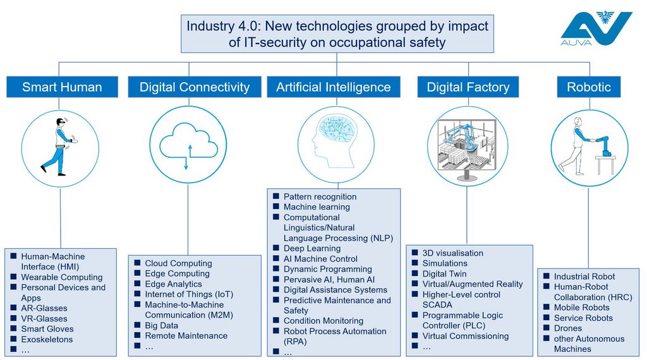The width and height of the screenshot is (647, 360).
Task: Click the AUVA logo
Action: [x=596, y=28]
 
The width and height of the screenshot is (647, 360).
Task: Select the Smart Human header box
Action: [x=63, y=87]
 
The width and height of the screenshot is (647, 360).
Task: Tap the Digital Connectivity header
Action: [x=195, y=87]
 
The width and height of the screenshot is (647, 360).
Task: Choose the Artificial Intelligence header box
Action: [x=334, y=87]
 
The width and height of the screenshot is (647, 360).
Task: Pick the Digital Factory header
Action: [x=468, y=87]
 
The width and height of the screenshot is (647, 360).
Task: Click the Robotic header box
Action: [x=589, y=87]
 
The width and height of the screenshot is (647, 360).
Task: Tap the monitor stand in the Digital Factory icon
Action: [x=467, y=175]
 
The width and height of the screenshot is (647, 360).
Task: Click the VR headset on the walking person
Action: [x=60, y=122]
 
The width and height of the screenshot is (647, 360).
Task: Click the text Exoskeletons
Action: [x=47, y=339]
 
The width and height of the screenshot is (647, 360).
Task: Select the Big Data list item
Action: [x=161, y=325]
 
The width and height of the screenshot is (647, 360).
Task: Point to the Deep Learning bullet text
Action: [x=312, y=248]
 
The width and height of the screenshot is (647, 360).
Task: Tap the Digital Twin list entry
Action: [x=444, y=274]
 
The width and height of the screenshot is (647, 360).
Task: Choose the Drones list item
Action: [x=568, y=328]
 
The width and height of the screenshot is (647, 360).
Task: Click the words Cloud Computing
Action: [x=178, y=263]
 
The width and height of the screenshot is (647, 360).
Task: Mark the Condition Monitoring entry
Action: [x=323, y=321]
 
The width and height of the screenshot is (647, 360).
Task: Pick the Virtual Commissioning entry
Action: [x=466, y=336]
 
